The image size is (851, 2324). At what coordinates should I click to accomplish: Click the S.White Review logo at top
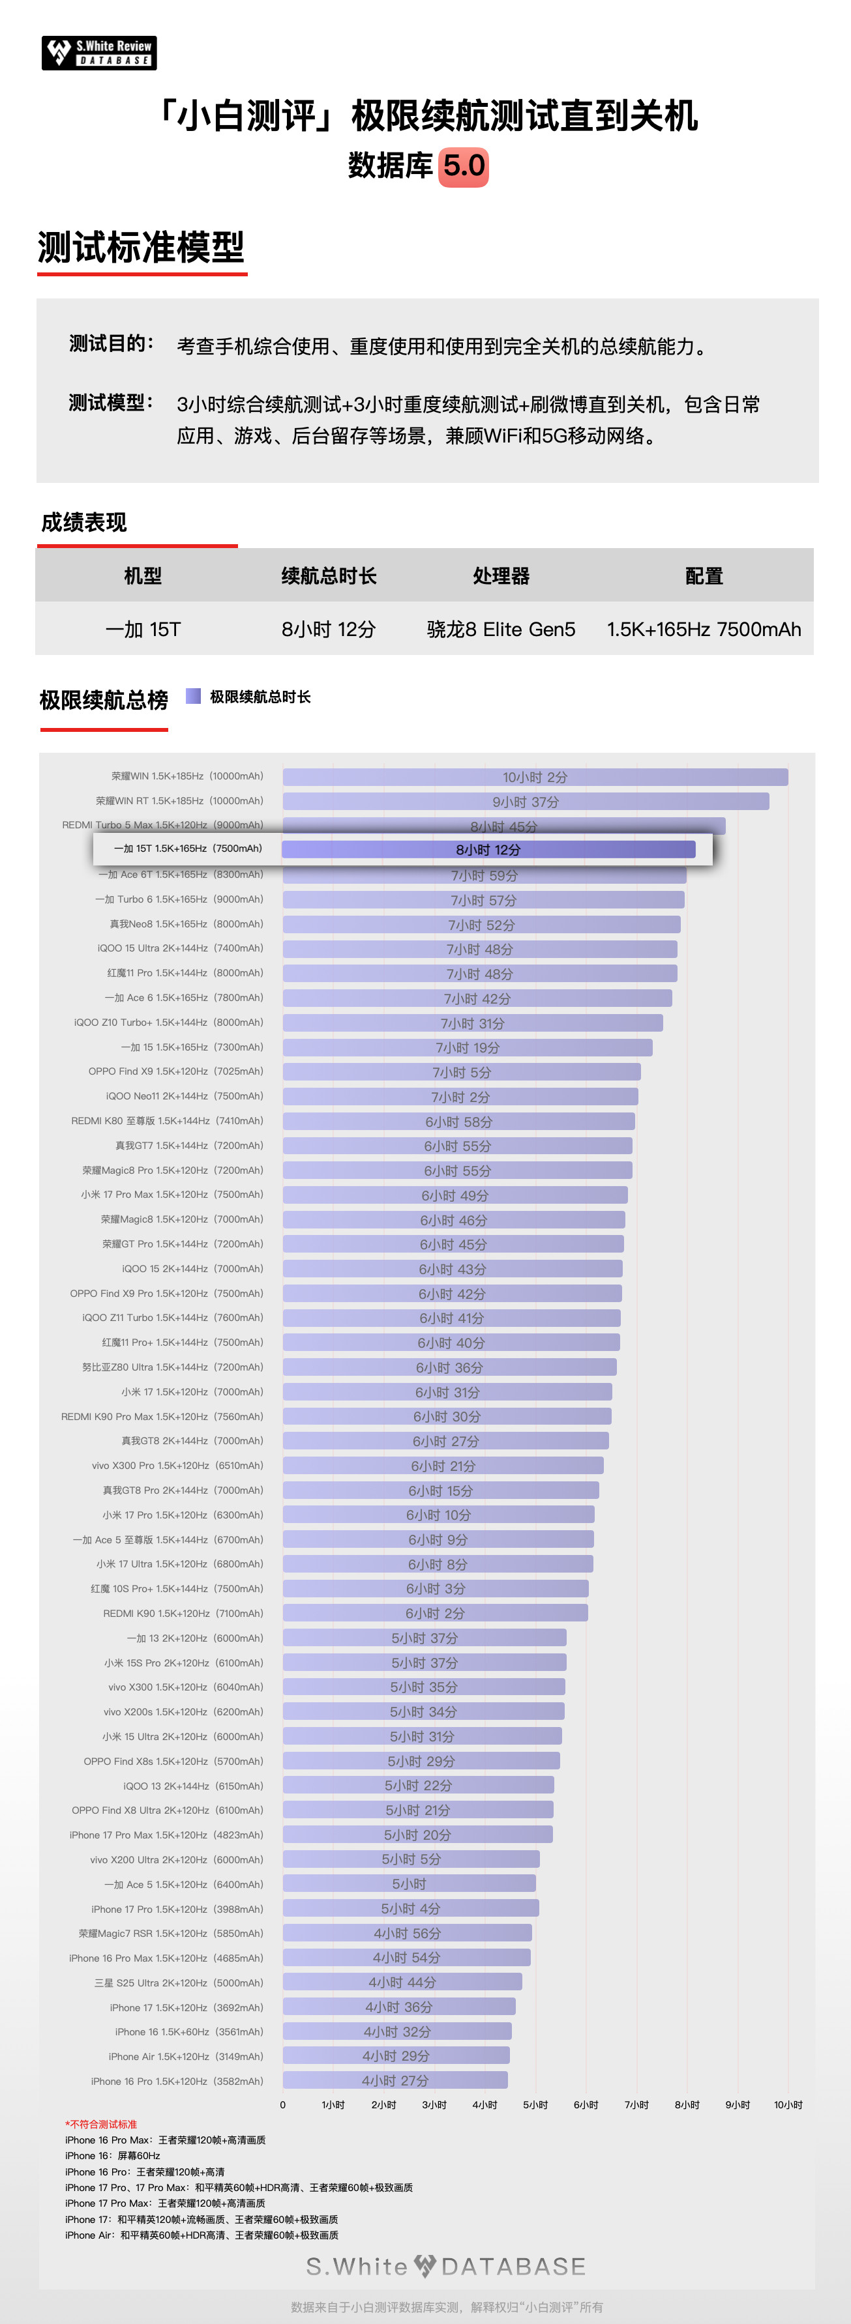(x=99, y=53)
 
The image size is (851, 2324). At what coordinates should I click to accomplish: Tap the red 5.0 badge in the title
(x=464, y=167)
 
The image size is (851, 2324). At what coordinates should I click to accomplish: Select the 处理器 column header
(x=501, y=575)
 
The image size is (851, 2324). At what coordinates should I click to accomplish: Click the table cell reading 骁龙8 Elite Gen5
(x=501, y=630)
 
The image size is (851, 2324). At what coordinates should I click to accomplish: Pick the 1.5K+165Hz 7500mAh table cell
(x=704, y=630)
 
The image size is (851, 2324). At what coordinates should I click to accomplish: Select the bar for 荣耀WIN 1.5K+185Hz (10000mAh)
(x=535, y=777)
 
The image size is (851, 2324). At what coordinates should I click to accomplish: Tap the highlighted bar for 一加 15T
(x=488, y=850)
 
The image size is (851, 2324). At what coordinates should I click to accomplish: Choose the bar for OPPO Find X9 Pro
(x=452, y=1294)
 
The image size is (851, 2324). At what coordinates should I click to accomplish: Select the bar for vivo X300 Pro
(x=443, y=1466)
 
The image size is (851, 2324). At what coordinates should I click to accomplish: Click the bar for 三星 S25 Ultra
(x=402, y=1982)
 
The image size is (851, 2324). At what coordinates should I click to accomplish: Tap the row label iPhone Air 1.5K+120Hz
(x=186, y=2056)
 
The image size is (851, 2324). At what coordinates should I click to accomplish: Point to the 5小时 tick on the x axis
(x=535, y=2105)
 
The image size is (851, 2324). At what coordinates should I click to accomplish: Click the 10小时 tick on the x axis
(x=787, y=2105)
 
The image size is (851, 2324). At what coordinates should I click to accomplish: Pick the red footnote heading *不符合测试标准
(x=101, y=2125)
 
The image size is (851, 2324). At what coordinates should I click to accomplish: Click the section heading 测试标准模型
(x=141, y=247)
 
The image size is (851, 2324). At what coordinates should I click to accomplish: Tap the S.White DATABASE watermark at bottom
(x=446, y=2266)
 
